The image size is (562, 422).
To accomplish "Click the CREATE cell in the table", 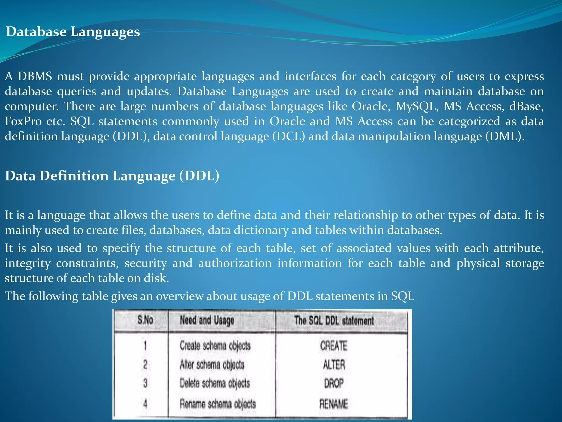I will (333, 346).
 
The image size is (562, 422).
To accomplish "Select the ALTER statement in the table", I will (334, 365).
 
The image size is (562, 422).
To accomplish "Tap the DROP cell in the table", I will (334, 383).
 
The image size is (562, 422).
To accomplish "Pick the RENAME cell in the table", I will (333, 404).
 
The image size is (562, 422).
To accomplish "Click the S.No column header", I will (145, 320).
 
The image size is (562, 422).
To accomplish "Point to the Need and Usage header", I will (207, 320).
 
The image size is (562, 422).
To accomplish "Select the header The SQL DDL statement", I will (334, 321).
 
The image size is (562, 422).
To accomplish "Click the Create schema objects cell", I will (215, 346).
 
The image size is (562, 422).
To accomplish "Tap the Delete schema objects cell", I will (215, 383).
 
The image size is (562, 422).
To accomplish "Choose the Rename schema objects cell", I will (218, 404).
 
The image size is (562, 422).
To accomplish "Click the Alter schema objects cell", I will (212, 365).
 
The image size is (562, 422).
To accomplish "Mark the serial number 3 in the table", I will (145, 383).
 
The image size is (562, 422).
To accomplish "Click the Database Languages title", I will (73, 32).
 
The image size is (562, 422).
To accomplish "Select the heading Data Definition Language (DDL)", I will (112, 176).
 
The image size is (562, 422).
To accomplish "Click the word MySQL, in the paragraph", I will (417, 106).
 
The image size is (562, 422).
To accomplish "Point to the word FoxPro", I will (23, 121).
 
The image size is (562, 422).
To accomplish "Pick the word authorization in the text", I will (235, 263).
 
